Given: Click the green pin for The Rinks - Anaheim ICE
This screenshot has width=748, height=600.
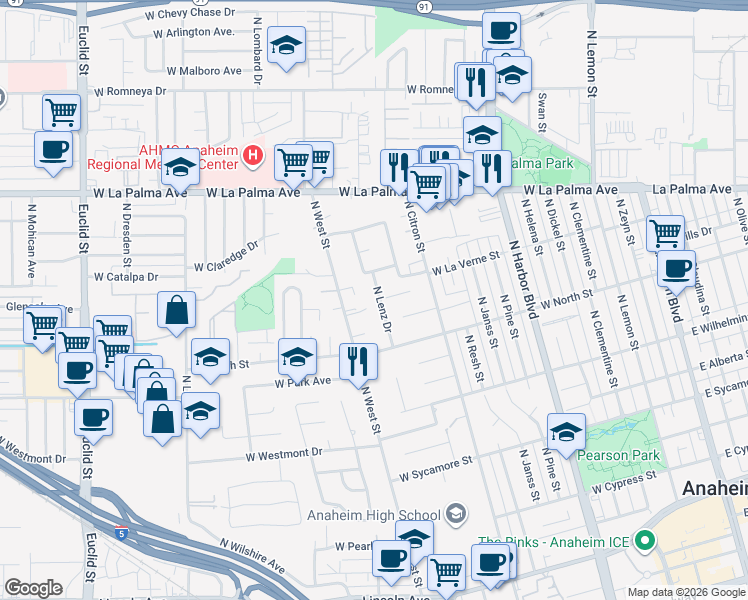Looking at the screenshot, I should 645,542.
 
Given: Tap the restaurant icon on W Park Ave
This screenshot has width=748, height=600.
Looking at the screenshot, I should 358,361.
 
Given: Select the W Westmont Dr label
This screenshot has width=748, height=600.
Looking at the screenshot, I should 286,453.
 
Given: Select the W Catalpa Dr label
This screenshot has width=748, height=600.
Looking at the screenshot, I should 126,277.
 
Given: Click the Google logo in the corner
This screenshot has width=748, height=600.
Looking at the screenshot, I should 33,588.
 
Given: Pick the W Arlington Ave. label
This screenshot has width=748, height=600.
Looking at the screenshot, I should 193,32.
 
